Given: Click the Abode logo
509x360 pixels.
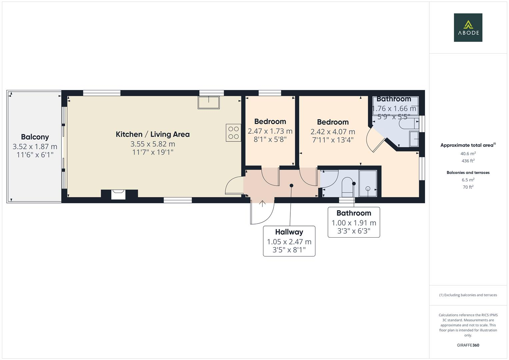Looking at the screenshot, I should click(468, 27).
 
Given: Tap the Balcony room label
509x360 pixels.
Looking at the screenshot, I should click(35, 137).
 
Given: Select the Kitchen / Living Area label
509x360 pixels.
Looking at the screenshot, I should click(153, 134).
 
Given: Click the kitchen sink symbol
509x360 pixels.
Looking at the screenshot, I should click(209, 102).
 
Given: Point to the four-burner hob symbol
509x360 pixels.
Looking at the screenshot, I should click(233, 132).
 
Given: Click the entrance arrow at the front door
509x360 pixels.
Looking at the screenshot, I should click(262, 203).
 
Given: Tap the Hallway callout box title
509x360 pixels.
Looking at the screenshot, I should click(289, 232).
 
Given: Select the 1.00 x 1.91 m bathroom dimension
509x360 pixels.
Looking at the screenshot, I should click(354, 223).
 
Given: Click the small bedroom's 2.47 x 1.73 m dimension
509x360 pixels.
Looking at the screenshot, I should click(270, 131).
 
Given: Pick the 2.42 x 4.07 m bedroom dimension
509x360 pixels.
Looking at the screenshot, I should click(333, 132).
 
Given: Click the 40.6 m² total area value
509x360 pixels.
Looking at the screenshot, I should click(468, 154).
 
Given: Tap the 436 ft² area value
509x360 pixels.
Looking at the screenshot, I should click(468, 161).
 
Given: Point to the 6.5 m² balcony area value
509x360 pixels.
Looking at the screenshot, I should click(468, 180).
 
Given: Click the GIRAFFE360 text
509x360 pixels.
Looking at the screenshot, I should click(468, 345).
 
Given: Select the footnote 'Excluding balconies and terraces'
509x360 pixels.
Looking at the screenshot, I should click(468, 295).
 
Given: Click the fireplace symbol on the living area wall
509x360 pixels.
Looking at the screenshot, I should click(119, 194).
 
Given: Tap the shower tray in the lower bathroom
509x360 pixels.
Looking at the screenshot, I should click(368, 183).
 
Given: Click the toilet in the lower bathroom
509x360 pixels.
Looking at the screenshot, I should click(348, 187).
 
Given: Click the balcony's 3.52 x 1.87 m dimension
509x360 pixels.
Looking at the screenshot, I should click(35, 147).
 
